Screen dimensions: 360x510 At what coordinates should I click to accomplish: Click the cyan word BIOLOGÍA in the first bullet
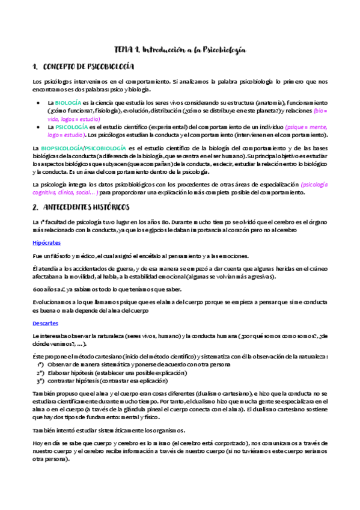point(69,103)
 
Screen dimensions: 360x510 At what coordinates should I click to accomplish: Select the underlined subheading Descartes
point(46,322)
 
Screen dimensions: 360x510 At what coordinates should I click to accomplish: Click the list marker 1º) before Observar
point(40,364)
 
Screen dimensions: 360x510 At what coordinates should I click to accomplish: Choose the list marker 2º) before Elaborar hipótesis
point(40,372)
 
